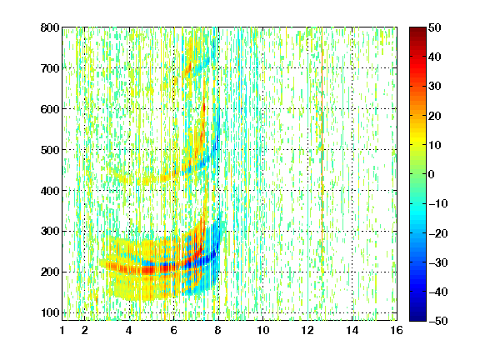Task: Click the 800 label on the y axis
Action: pos(50,27)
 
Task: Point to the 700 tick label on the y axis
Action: pos(50,68)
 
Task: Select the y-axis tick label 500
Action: pos(50,150)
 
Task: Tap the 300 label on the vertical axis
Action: pos(50,232)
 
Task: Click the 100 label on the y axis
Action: pos(50,312)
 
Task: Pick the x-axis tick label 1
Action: pos(62,330)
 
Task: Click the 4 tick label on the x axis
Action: pos(129,330)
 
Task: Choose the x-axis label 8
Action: pos(217,330)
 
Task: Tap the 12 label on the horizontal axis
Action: pos(307,330)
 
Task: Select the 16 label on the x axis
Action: pos(397,330)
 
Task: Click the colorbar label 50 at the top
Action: pos(435,27)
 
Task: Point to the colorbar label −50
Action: pos(438,321)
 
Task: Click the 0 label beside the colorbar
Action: pos(432,174)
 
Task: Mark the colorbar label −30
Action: pos(438,262)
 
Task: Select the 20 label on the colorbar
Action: pos(435,116)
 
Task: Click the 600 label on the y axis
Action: pos(50,109)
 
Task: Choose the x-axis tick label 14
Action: pos(352,330)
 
